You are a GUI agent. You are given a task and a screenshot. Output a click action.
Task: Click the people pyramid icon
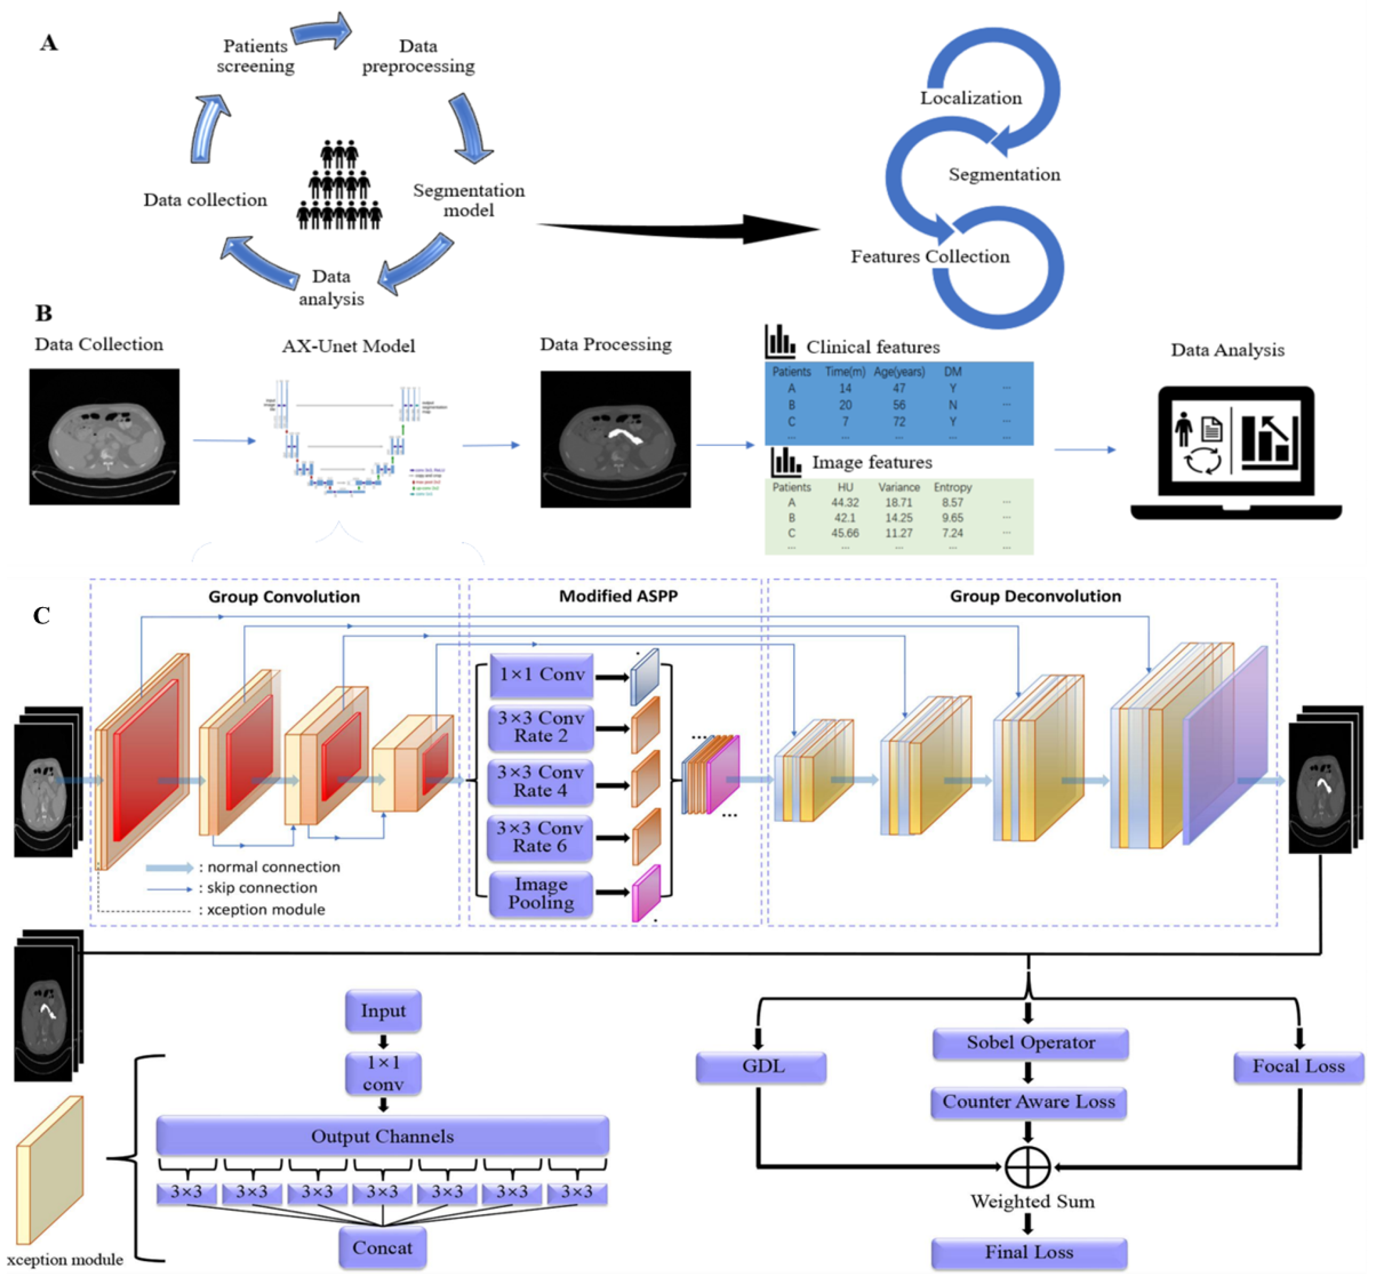point(339,185)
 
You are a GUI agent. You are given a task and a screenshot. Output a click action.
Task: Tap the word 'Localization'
point(970,98)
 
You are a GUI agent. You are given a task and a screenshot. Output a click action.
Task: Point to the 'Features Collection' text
point(929,257)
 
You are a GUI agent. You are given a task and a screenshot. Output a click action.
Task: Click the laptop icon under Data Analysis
point(1235,453)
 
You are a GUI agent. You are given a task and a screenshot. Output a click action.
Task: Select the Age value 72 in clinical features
point(898,422)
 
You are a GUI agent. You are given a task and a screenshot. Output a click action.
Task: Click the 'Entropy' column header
point(952,487)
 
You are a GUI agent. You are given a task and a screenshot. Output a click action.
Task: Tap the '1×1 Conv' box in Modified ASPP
point(541,675)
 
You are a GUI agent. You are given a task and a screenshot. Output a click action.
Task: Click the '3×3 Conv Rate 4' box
point(541,782)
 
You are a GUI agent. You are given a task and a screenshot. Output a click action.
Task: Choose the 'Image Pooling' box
point(541,894)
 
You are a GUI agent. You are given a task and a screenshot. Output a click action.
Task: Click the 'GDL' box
point(761,1067)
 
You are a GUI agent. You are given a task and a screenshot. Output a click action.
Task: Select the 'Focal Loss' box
point(1298,1067)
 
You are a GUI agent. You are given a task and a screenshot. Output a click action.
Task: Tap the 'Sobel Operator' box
point(1030,1043)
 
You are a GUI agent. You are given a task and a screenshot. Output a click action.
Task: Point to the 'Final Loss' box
point(1029,1253)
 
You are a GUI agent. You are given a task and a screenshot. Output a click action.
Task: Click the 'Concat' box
point(382,1248)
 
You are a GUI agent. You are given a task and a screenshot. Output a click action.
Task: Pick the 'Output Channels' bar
point(382,1137)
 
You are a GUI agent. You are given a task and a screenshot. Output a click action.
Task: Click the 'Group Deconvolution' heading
point(1035,596)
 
